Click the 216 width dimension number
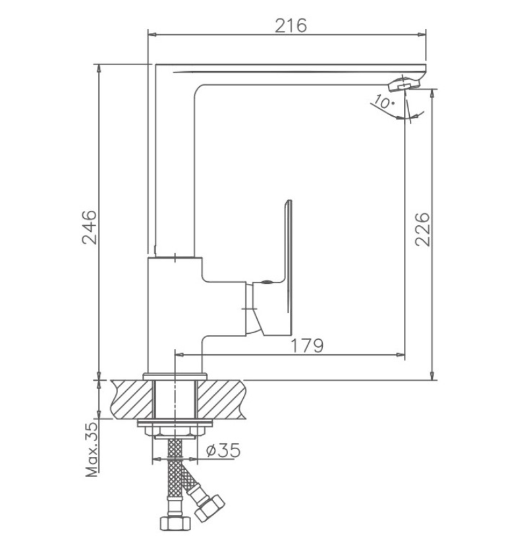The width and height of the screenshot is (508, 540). [291, 26]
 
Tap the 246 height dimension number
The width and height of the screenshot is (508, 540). [89, 227]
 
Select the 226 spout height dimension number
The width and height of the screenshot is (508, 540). [422, 229]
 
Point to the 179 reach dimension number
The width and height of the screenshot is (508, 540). [308, 346]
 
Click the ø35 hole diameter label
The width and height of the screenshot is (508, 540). [223, 450]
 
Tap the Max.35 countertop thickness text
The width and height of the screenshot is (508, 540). [92, 449]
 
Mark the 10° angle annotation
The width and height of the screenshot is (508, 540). [383, 101]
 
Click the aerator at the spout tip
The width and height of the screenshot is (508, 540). [405, 84]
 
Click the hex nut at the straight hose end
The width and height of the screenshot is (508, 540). [175, 523]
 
